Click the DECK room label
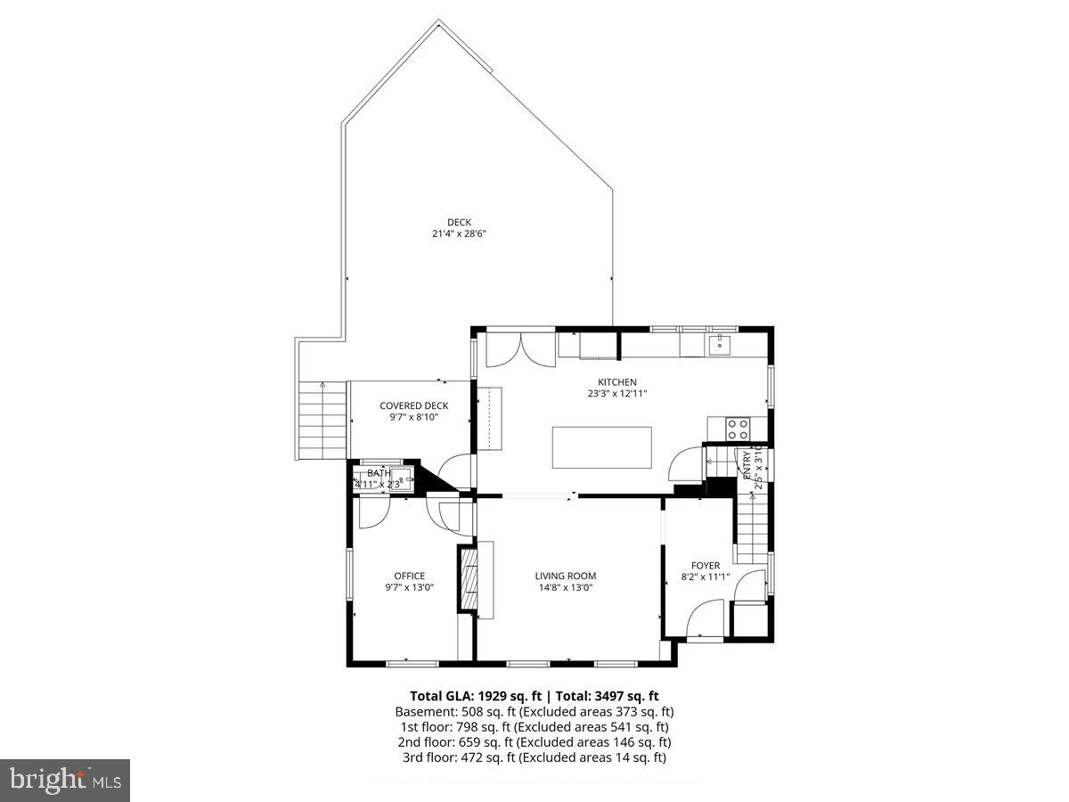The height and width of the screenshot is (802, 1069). (459, 223)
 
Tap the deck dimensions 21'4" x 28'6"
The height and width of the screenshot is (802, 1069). (459, 234)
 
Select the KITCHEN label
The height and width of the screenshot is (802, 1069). (617, 382)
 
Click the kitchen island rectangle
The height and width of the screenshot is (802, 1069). (601, 447)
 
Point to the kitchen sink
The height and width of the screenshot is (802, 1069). (720, 343)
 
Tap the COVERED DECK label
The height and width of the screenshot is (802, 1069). (413, 405)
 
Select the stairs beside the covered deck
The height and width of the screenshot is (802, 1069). (322, 419)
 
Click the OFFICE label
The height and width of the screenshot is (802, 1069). (410, 576)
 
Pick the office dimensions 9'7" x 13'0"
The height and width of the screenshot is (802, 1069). (410, 587)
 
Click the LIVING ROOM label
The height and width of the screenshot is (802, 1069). (566, 576)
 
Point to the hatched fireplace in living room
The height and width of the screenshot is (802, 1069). (469, 578)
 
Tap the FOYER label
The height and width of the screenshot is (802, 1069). (706, 565)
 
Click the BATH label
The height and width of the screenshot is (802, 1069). (379, 473)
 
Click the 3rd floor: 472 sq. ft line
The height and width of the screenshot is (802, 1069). (534, 757)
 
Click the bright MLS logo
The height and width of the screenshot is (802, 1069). (65, 781)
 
